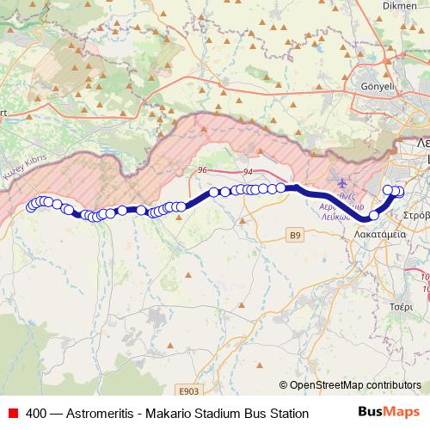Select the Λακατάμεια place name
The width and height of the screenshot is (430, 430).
pos(379,232)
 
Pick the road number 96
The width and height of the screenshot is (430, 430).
pos(202,171)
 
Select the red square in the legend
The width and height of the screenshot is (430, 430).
pos(12,413)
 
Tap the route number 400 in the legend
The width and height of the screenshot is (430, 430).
pos(37,413)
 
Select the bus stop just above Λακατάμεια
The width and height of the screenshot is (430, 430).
pos(374,214)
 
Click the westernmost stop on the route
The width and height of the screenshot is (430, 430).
pos(31,206)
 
